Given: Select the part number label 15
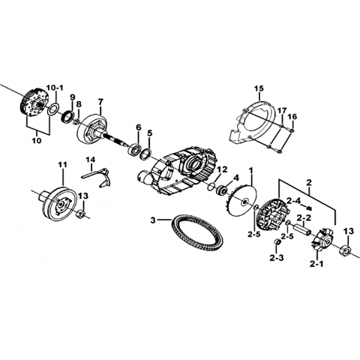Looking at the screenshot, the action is [x=259, y=88].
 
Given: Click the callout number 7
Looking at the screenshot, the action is [x=100, y=102].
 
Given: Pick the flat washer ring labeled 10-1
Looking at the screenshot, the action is [x=53, y=109].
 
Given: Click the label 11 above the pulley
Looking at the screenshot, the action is [x=62, y=165].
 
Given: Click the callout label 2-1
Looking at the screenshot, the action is [x=317, y=263].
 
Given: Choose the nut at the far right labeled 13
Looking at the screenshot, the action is [x=345, y=250].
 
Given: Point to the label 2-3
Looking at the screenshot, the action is [x=277, y=257].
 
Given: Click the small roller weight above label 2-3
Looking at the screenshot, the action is [x=277, y=242].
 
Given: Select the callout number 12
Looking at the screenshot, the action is [x=222, y=169].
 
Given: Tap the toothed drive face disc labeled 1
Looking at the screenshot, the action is [x=241, y=200].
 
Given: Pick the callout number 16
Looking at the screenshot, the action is [x=292, y=116].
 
